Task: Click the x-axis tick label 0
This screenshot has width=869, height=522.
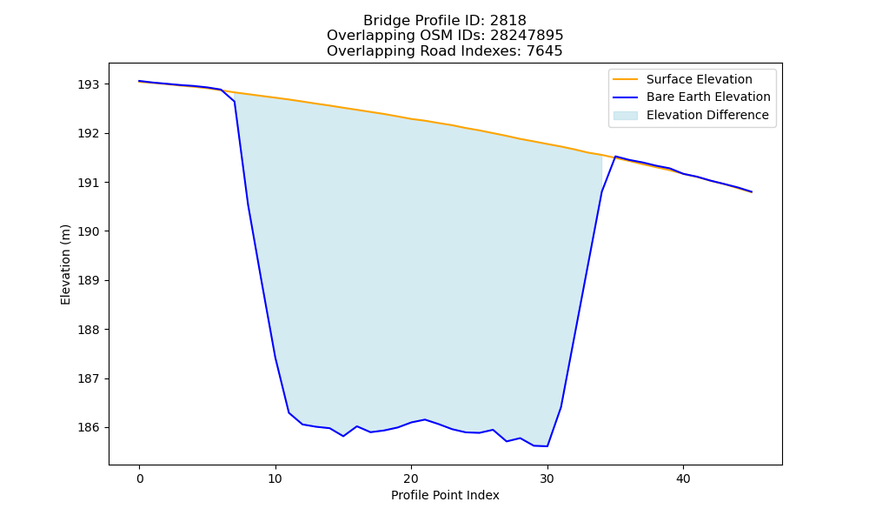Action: pyautogui.click(x=140, y=478)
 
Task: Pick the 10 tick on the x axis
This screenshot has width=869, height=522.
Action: pyautogui.click(x=275, y=478)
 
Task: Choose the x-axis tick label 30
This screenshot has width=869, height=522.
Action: pyautogui.click(x=547, y=478)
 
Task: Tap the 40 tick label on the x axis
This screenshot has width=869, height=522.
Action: pyautogui.click(x=683, y=478)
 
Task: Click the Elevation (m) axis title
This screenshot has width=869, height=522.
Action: pyautogui.click(x=65, y=264)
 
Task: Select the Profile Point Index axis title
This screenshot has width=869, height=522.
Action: pyautogui.click(x=445, y=495)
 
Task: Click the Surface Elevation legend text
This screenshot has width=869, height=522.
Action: pyautogui.click(x=700, y=79)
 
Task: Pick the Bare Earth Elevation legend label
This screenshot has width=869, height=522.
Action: pyautogui.click(x=708, y=97)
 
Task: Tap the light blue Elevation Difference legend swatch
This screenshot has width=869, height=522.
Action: pyautogui.click(x=625, y=116)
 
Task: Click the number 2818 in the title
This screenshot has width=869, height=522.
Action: pyautogui.click(x=508, y=21)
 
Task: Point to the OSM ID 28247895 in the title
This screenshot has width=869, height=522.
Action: pyautogui.click(x=527, y=36)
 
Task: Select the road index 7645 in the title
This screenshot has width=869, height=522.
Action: pyautogui.click(x=544, y=51)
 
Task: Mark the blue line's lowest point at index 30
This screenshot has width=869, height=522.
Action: pyautogui.click(x=547, y=446)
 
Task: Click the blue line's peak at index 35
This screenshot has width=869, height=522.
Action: pyautogui.click(x=615, y=157)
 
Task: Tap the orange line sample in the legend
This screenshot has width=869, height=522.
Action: pyautogui.click(x=625, y=79)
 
